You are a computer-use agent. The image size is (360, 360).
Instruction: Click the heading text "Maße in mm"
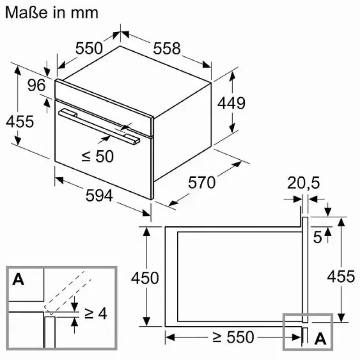tap(52, 13)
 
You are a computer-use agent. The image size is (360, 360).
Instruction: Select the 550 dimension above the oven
tap(89, 48)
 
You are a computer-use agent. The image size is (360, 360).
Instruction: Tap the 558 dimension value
tap(166, 49)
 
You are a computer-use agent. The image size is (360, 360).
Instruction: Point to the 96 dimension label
tap(36, 85)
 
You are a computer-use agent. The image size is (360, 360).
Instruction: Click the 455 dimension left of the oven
tap(20, 121)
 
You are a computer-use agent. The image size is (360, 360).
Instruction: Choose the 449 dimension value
tap(231, 103)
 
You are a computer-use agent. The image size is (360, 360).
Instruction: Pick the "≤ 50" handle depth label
tap(98, 157)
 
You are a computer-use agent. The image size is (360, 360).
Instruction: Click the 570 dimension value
tap(202, 183)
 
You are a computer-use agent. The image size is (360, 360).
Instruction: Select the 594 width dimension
tap(99, 196)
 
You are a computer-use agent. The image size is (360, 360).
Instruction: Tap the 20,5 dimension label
tap(303, 183)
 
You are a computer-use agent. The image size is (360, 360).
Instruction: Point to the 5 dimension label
tap(318, 237)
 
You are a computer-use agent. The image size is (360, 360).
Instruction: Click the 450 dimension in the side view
tap(145, 278)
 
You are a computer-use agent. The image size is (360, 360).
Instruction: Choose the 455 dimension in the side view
tap(341, 276)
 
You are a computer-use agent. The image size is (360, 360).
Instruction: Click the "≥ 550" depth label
tap(233, 337)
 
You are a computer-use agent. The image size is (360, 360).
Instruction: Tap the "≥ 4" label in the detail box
tap(96, 313)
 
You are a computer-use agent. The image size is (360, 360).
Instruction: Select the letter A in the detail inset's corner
tap(18, 279)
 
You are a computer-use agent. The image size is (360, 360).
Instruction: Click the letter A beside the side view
tap(320, 338)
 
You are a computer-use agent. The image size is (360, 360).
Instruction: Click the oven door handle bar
tap(99, 126)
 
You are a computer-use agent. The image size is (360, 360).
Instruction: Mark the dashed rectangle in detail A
tap(68, 293)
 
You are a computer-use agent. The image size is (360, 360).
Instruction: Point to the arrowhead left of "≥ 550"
tap(170, 337)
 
